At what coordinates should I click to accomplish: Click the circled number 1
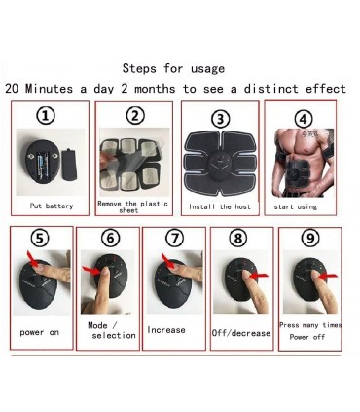pyautogui.click(x=46, y=117)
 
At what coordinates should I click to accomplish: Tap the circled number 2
pyautogui.click(x=134, y=117)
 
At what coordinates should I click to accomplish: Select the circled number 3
pyautogui.click(x=221, y=119)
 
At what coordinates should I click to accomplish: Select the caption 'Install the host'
pyautogui.click(x=223, y=206)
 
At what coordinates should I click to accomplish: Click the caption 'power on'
pyautogui.click(x=41, y=332)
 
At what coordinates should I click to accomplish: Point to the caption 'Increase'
pyautogui.click(x=166, y=330)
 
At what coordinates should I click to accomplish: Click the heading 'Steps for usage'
pyautogui.click(x=172, y=68)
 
